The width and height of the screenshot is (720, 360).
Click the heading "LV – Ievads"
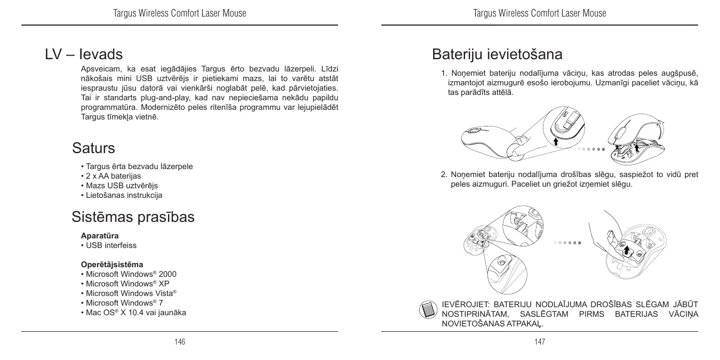(84, 54)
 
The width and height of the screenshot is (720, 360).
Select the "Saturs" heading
(93, 147)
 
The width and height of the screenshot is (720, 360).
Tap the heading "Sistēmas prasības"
(133, 217)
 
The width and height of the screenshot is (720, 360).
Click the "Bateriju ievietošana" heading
(497, 54)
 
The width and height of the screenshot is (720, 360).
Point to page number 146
(180, 342)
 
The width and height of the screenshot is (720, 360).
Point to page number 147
(540, 342)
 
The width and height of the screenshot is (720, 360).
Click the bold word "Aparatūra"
(100, 235)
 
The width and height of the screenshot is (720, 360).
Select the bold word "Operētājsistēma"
(111, 265)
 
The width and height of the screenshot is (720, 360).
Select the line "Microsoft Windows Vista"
(131, 293)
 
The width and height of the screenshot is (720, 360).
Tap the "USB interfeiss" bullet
(110, 245)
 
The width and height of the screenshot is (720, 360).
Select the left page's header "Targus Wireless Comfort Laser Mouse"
(180, 13)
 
